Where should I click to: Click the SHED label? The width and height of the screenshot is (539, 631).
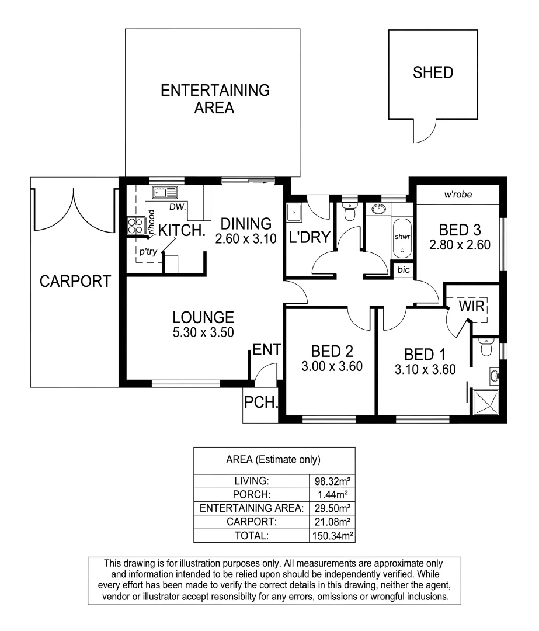(433, 72)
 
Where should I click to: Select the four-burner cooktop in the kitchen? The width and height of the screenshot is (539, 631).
(135, 225)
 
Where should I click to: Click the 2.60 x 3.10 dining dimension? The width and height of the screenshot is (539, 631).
(246, 239)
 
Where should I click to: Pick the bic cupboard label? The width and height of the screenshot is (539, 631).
(403, 270)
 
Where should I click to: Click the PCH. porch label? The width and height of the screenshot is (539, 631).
(260, 403)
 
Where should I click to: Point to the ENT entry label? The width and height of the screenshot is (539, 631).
(267, 350)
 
